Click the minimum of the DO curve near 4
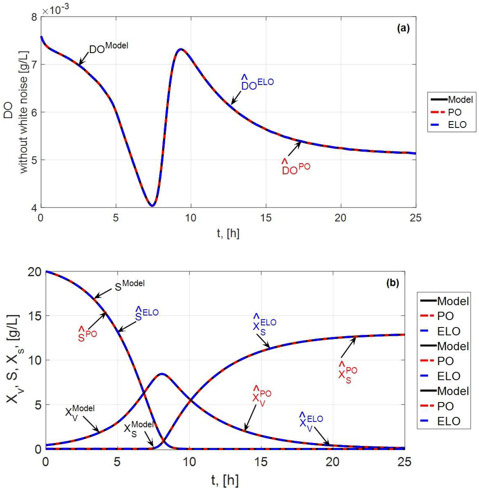pyautogui.click(x=152, y=206)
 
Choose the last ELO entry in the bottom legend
pyautogui.click(x=449, y=421)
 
